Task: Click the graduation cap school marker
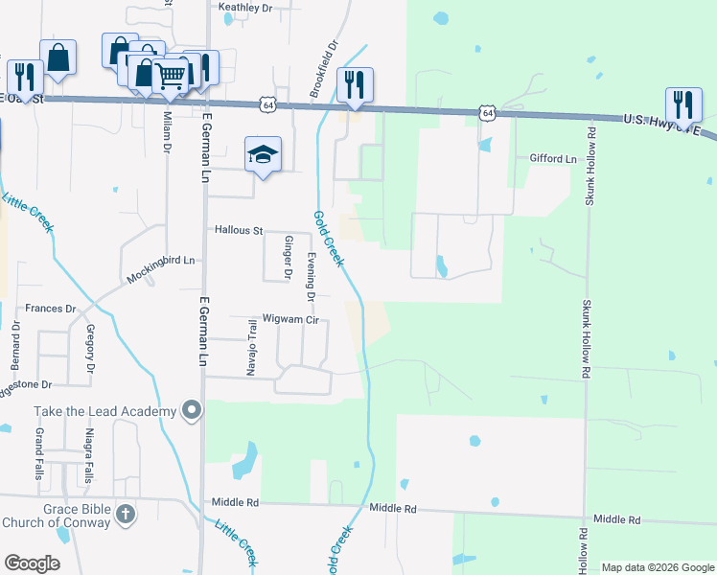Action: coord(263,154)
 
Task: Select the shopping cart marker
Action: coord(171,75)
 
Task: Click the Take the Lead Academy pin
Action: coord(192,411)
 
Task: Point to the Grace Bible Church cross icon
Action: coord(124,515)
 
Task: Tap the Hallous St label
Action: coord(239,231)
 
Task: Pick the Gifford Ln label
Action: coord(553,158)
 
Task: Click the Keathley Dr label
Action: coord(245,8)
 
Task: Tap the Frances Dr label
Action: coord(50,309)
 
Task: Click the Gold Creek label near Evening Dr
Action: coord(329,239)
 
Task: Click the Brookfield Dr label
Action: coord(325,68)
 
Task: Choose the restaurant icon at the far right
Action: coord(682,103)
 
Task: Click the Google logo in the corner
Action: coord(32,563)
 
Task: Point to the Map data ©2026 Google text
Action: coord(657,567)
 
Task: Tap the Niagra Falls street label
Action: coord(89,465)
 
